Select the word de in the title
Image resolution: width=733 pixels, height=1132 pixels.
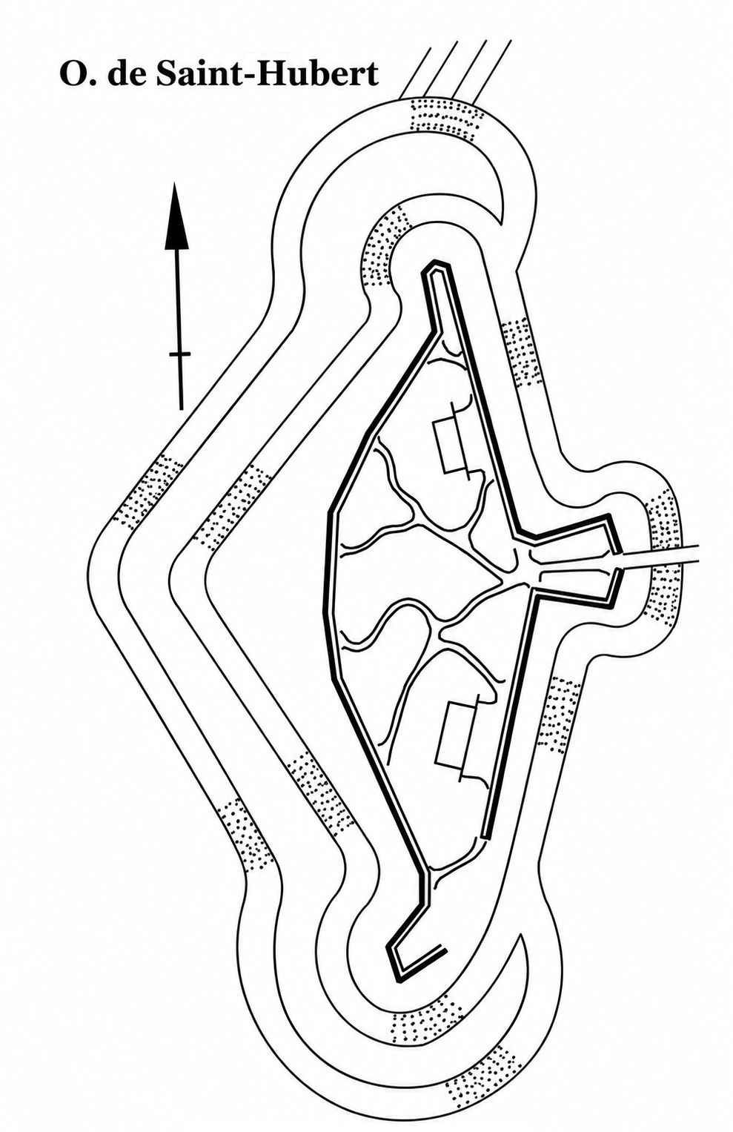[x=122, y=75]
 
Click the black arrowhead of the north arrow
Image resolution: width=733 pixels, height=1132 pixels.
[x=176, y=216]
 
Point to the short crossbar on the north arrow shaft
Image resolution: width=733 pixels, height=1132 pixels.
[x=180, y=355]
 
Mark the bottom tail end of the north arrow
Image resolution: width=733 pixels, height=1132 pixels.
[x=181, y=408]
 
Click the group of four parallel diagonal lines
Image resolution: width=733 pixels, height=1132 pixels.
[x=455, y=68]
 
